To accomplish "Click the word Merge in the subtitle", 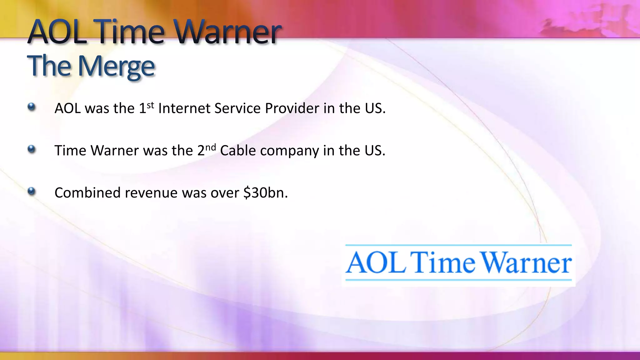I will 116,66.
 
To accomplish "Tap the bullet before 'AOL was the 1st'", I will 31,107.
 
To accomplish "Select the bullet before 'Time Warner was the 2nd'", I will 31,149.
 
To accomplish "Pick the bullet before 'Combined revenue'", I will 31,191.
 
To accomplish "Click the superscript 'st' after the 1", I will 151,105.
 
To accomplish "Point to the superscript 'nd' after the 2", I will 211,147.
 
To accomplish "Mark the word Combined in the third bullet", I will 87,193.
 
